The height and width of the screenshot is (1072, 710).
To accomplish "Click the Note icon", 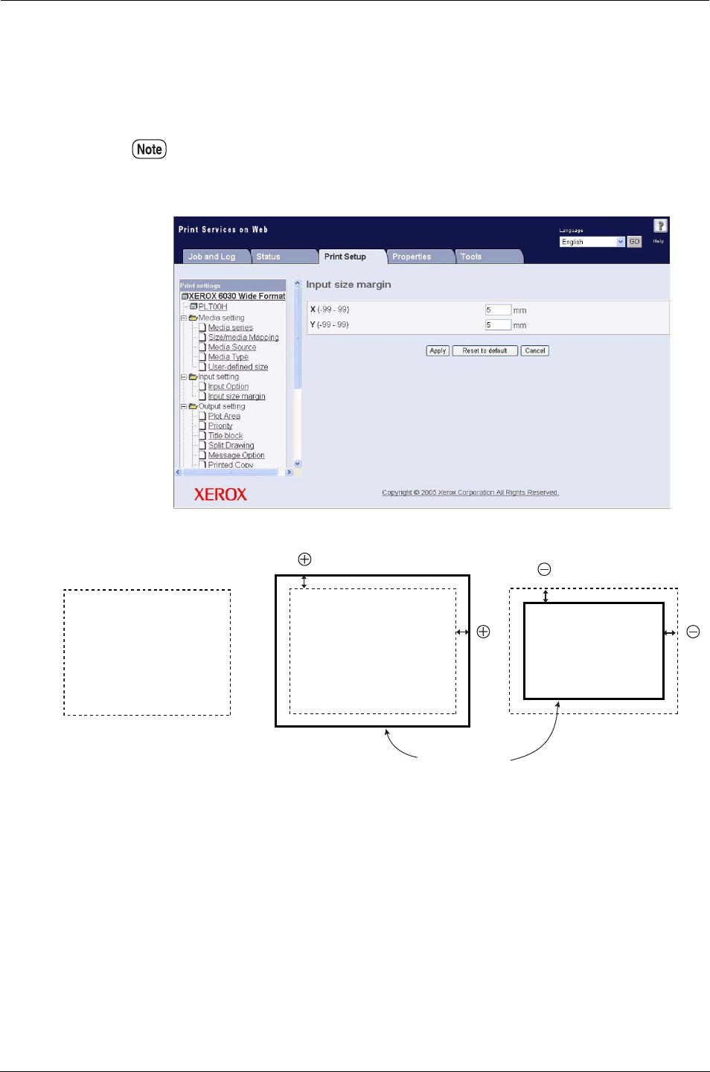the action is [x=150, y=150].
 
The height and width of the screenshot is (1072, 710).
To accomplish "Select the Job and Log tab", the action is [x=211, y=257].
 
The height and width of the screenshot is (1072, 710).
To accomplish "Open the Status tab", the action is [x=269, y=257].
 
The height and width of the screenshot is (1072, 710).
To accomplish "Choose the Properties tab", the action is [x=412, y=257].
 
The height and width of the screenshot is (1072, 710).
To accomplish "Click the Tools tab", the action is [x=471, y=257].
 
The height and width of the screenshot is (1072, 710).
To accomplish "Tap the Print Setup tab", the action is [x=345, y=257].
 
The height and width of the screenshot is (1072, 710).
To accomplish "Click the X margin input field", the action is [x=498, y=310].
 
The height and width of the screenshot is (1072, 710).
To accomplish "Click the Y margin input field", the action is [x=498, y=325].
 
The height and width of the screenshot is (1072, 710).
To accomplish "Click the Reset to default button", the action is [x=484, y=351].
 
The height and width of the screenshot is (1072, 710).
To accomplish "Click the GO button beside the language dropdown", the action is [x=634, y=242].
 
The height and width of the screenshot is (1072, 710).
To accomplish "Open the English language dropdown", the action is [x=592, y=242].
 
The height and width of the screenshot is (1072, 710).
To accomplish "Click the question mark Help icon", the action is [x=660, y=226].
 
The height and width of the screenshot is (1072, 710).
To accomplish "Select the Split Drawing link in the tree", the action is [x=231, y=446].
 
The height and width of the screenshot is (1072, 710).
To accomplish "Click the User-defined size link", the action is [x=238, y=367].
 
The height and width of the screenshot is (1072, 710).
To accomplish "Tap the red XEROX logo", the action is [x=220, y=495].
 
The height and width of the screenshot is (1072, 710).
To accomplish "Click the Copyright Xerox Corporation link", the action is [x=470, y=492].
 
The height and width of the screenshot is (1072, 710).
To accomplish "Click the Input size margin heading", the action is [x=348, y=285].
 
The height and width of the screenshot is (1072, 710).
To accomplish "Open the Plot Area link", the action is [x=224, y=417].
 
